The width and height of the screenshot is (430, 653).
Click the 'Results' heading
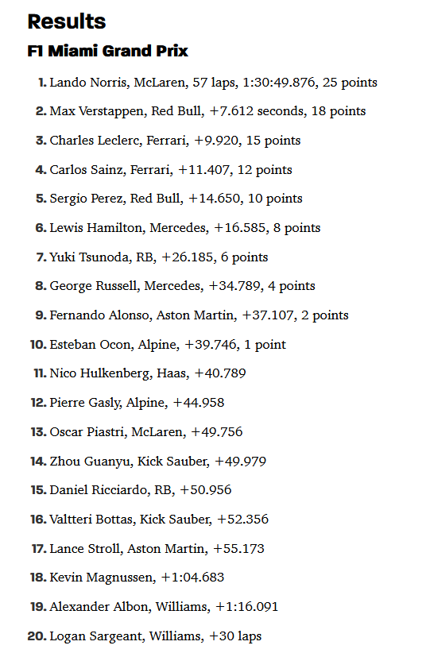[x=67, y=21]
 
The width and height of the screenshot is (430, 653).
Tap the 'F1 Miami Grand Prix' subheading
[x=108, y=51]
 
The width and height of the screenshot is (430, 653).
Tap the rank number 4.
[x=41, y=169]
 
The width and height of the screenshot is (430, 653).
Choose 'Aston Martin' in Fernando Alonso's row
[x=196, y=315]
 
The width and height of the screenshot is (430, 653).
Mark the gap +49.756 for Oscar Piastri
[x=217, y=432]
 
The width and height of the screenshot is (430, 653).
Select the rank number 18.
[x=38, y=578]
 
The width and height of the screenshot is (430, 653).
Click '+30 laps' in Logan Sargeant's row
[x=235, y=636]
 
